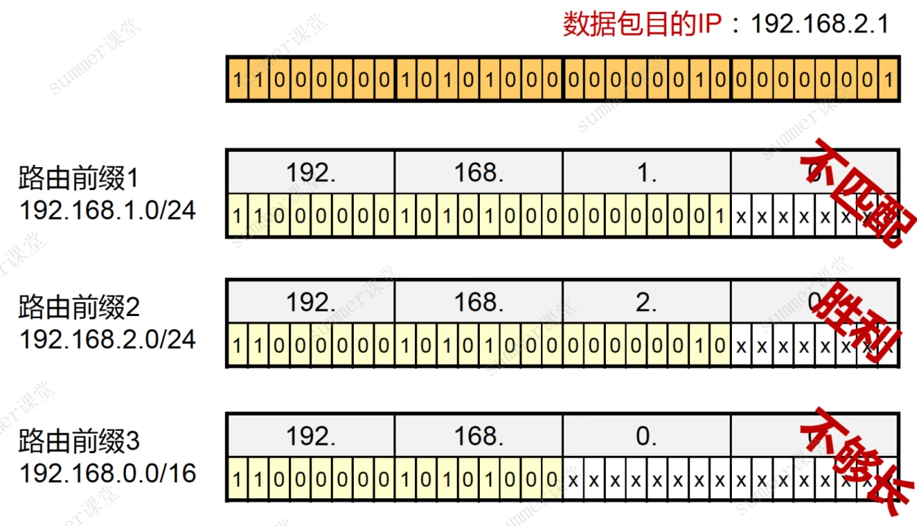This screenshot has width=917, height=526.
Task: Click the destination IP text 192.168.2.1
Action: tap(820, 24)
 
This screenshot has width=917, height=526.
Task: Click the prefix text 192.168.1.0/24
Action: tap(108, 210)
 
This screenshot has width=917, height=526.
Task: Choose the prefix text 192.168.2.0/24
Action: tap(108, 339)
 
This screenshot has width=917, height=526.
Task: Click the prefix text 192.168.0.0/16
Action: tap(108, 473)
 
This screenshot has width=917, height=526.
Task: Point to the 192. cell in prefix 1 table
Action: tap(310, 172)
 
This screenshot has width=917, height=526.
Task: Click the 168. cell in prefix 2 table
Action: tap(478, 302)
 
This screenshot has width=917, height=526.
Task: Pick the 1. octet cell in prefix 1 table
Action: tap(646, 172)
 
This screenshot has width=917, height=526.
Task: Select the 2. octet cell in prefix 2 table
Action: tap(646, 302)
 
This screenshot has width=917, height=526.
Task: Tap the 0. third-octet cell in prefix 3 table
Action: tap(646, 436)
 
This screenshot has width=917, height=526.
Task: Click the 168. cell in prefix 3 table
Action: tap(478, 436)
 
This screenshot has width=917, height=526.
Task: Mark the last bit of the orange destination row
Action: tap(889, 79)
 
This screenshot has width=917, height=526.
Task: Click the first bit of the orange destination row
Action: tap(237, 79)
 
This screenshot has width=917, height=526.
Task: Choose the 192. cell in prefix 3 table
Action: tap(310, 436)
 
